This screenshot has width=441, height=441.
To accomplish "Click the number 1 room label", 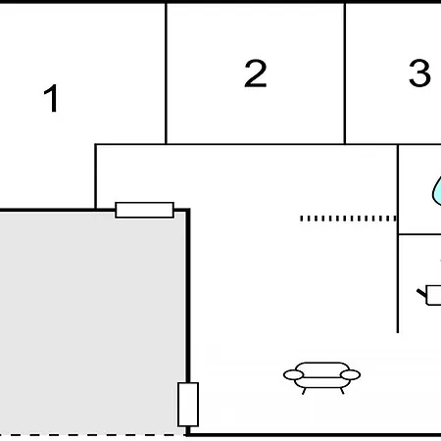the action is [x=51, y=98].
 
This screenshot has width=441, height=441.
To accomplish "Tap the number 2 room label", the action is [x=256, y=73].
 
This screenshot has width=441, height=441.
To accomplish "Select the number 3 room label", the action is [x=419, y=73].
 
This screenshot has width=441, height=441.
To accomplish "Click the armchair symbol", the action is [x=321, y=378].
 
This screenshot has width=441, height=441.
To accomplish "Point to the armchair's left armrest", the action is [x=293, y=375].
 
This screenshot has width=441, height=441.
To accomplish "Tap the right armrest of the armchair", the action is [x=350, y=374].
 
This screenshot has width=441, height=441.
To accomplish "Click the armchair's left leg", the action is [x=304, y=391].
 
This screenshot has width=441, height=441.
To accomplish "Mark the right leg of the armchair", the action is [x=342, y=391].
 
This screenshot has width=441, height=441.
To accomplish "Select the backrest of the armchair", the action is [x=321, y=367].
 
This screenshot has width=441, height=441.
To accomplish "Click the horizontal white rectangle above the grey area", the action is [x=144, y=210].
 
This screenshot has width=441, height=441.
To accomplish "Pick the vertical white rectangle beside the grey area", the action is [x=188, y=405].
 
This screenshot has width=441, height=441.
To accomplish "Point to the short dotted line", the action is [x=348, y=219].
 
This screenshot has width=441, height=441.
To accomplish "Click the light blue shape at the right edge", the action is [x=437, y=191].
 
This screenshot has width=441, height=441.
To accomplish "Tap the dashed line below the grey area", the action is [x=93, y=435].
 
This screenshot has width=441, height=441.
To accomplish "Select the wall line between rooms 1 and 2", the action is [x=166, y=73].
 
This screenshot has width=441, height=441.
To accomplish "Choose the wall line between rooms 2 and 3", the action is [x=345, y=73].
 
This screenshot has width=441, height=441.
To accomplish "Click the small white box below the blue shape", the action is [x=434, y=295].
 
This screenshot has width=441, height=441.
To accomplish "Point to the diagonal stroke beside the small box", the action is [x=421, y=293].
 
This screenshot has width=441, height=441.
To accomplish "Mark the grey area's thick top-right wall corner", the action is [x=188, y=210].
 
